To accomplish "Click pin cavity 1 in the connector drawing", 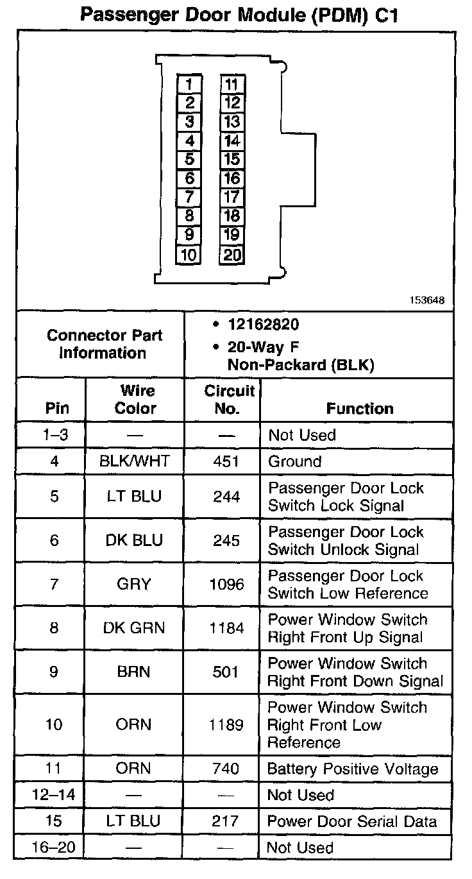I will click(x=189, y=84).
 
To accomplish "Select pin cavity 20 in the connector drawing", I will click(x=232, y=255).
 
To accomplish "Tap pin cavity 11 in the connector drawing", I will click(x=232, y=84).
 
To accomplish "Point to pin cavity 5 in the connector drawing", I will click(x=189, y=159).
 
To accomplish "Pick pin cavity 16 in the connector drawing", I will click(x=232, y=178).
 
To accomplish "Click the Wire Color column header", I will click(x=135, y=399).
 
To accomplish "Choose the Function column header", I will click(x=360, y=408).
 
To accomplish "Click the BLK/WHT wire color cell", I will click(x=135, y=461).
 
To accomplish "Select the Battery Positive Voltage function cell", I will click(x=353, y=769).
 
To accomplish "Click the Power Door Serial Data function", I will click(x=352, y=821).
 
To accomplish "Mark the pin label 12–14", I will click(x=54, y=795).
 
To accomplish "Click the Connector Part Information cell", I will click(x=104, y=344).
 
